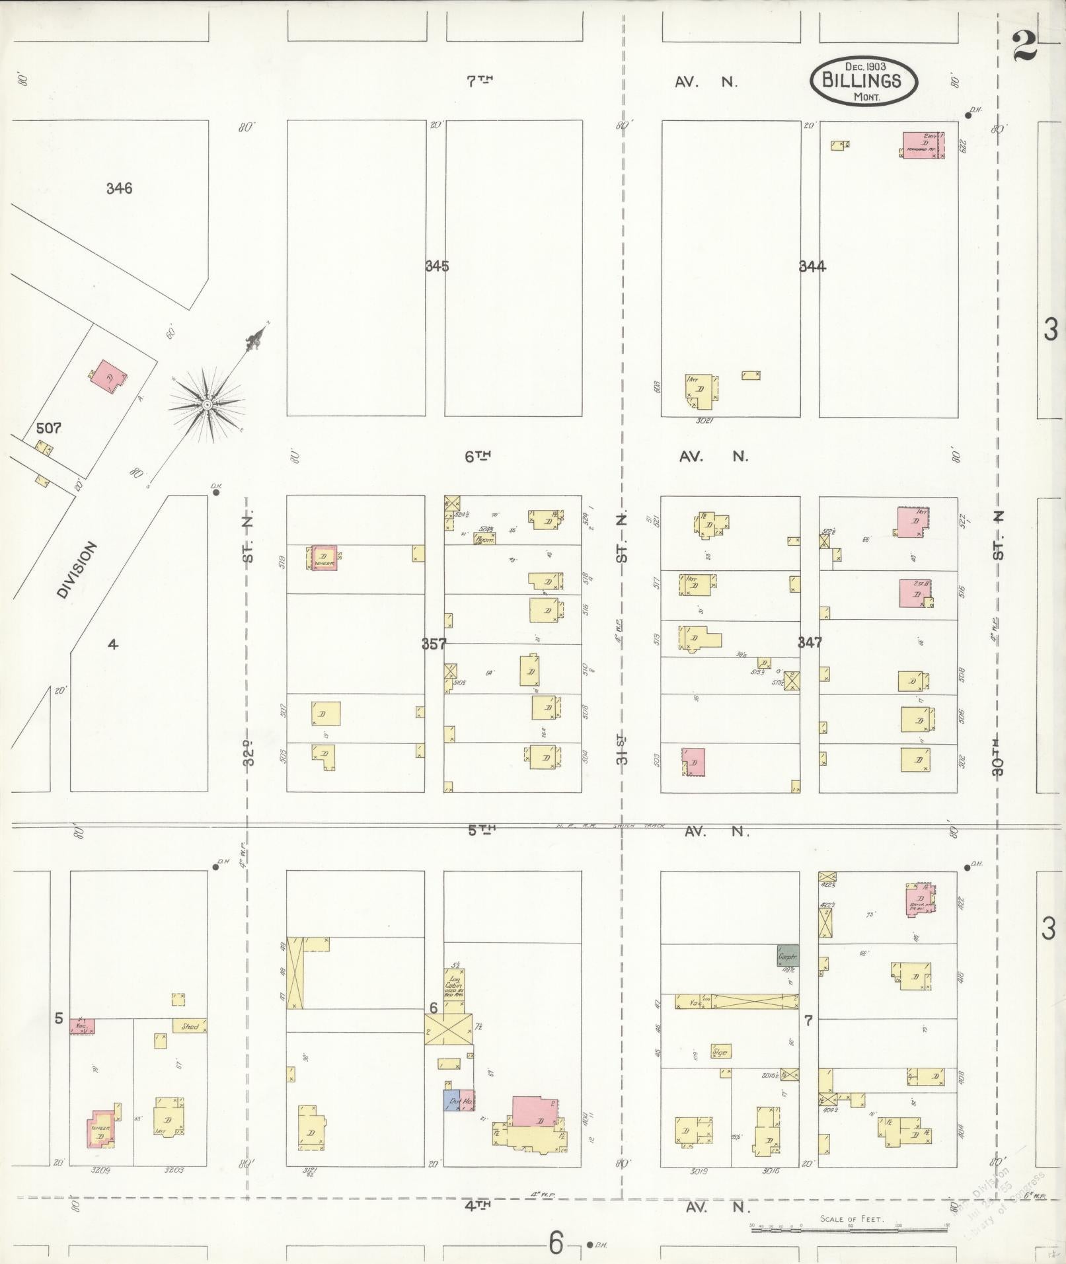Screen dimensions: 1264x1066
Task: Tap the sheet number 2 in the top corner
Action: pos(1023,48)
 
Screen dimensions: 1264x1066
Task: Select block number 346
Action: pos(119,189)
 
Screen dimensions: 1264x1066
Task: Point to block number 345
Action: pos(437,266)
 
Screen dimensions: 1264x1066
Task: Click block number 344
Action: pos(812,267)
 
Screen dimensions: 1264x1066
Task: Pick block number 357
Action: pos(434,644)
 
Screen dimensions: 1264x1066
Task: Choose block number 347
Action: pos(809,642)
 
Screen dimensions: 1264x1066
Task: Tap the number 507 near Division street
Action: pos(48,428)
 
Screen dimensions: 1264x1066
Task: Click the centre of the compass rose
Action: pos(207,404)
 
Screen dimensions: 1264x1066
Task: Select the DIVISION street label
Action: pos(77,570)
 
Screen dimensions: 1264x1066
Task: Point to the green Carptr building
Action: pos(787,956)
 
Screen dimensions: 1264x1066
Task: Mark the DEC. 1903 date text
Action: pos(865,66)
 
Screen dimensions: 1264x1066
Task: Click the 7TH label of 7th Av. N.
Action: pos(480,81)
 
